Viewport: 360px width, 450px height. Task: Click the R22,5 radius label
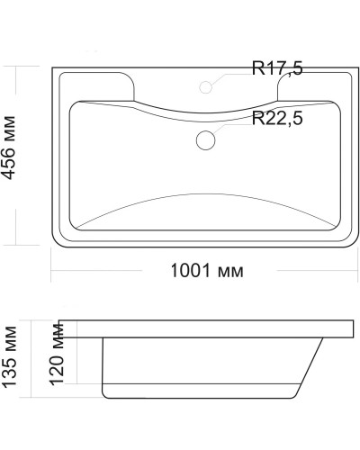283,118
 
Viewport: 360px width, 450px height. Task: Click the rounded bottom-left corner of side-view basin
107,393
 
